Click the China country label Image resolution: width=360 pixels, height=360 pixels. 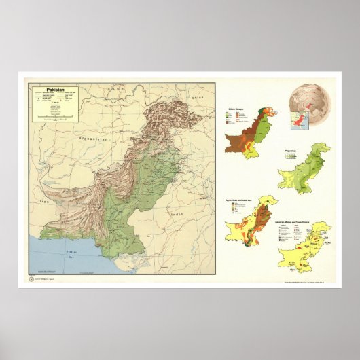tap(198, 99)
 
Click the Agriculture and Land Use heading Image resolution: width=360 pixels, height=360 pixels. tap(237, 200)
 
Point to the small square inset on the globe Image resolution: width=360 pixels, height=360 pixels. tap(298, 122)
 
